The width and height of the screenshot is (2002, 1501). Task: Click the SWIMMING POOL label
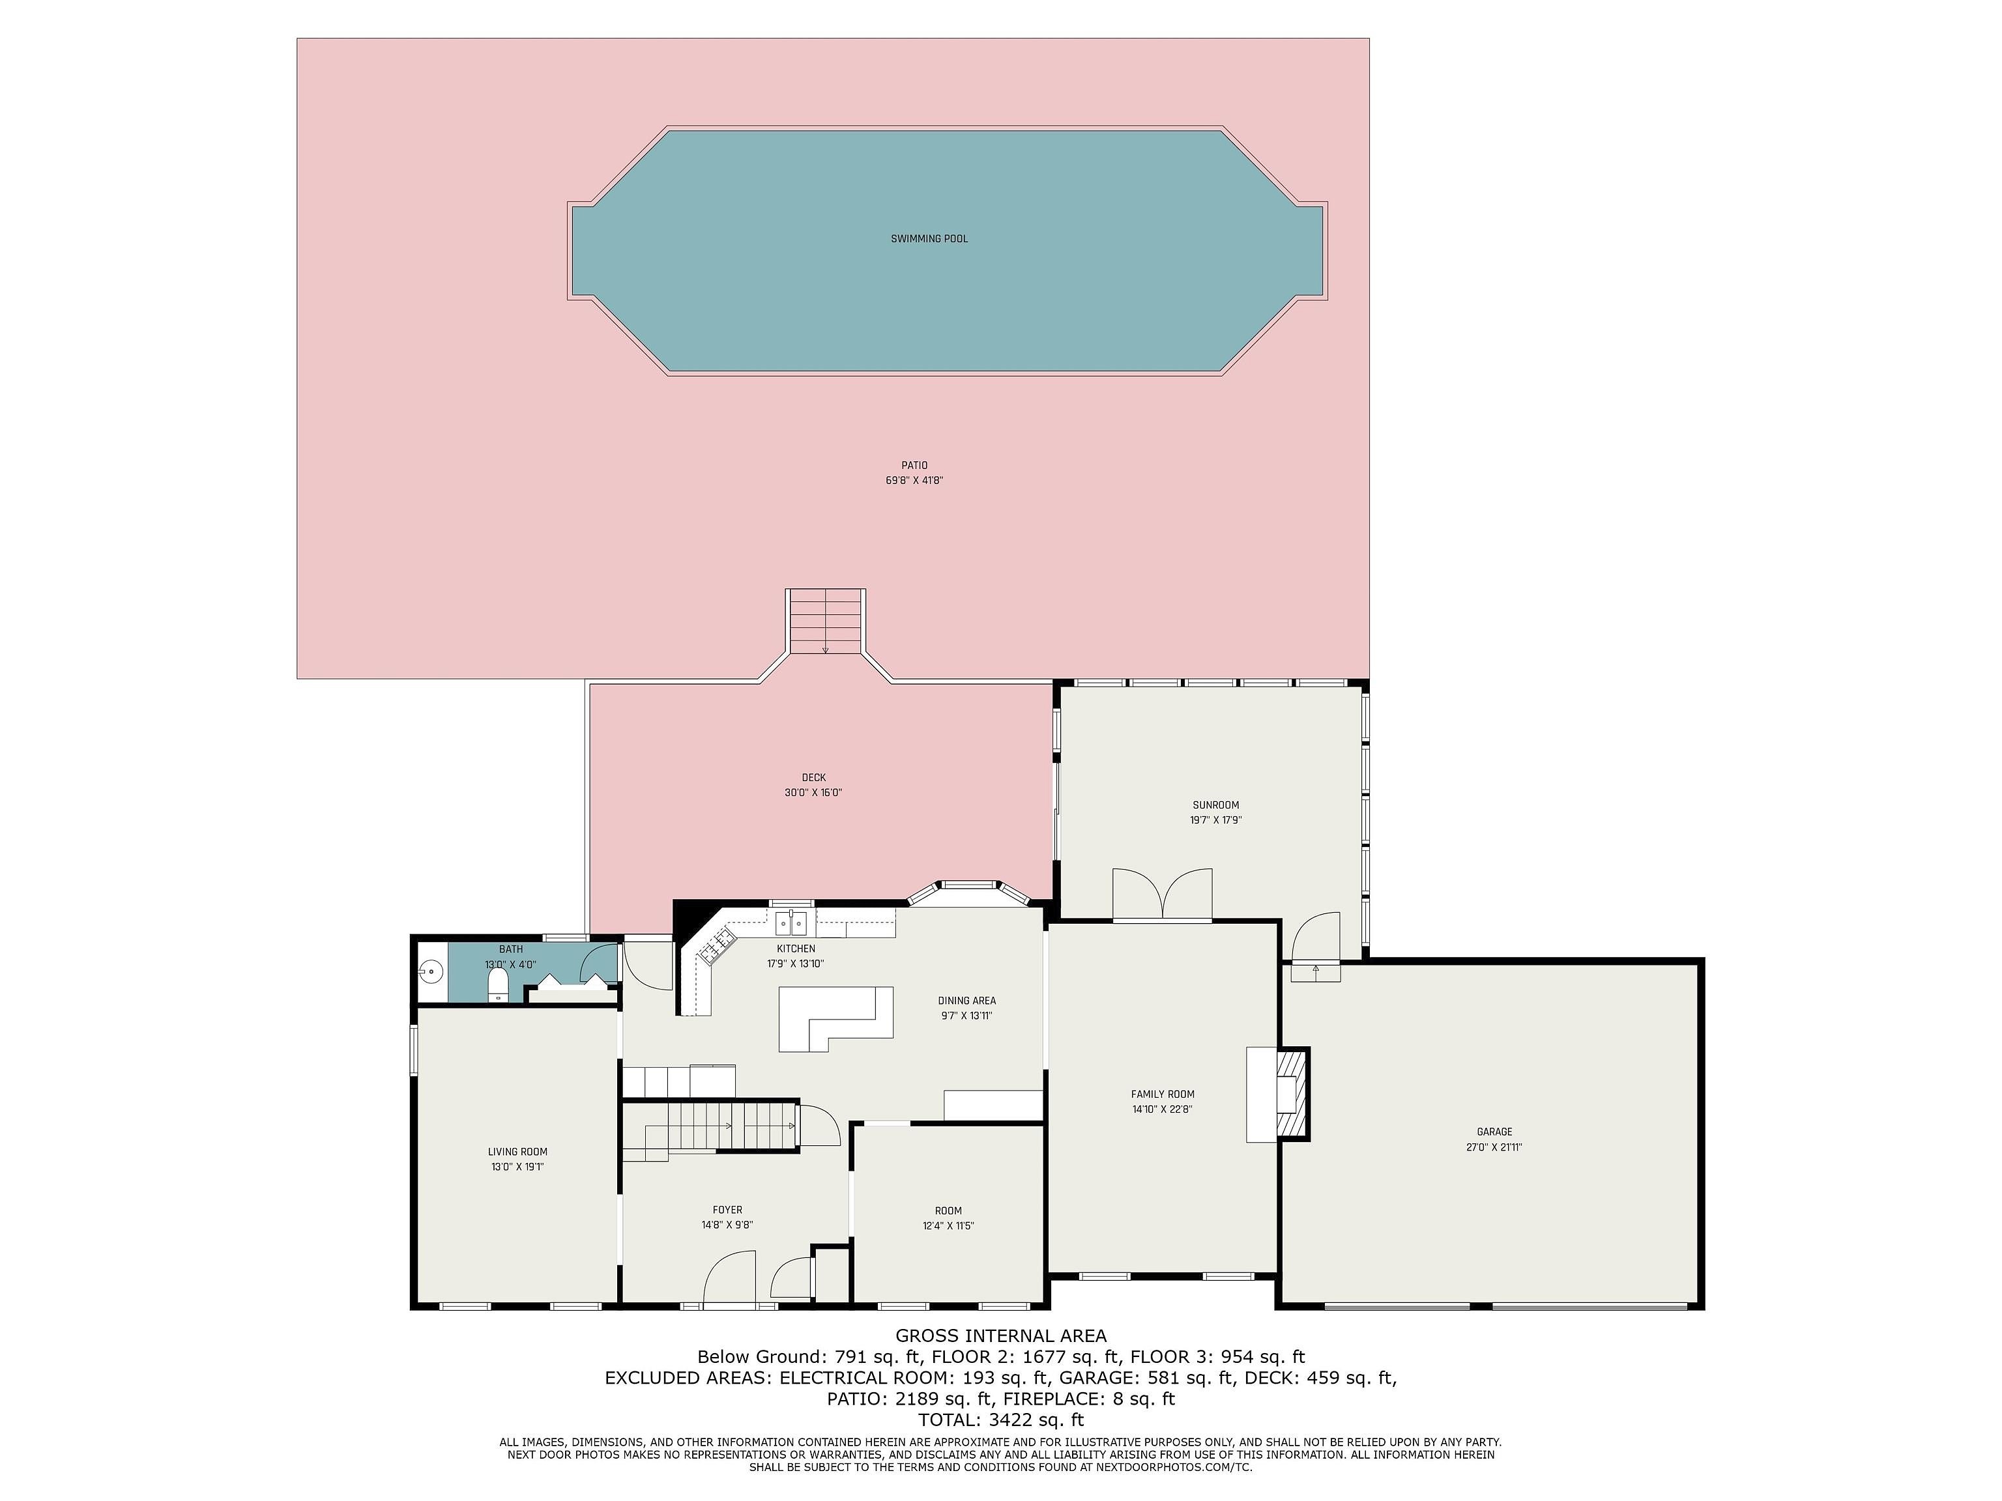click(x=929, y=239)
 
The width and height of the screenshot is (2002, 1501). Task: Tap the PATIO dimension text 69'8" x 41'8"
click(x=914, y=480)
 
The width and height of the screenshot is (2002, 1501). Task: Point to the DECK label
click(x=814, y=777)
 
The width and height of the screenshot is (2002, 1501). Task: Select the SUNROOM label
click(x=1215, y=805)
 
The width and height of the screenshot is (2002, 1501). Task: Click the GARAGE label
click(x=1494, y=1131)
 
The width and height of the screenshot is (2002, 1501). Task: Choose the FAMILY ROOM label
click(x=1162, y=1094)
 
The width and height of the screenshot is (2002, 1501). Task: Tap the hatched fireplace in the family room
click(x=1292, y=1093)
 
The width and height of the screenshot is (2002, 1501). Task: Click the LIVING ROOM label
click(x=517, y=1152)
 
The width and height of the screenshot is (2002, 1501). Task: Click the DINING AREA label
click(x=966, y=1001)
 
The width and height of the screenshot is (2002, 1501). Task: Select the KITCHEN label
click(x=796, y=948)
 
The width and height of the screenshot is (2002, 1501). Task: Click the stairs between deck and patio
click(x=826, y=622)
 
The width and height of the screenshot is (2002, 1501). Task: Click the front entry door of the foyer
click(x=729, y=1278)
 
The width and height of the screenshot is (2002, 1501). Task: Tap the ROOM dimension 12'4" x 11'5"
click(x=948, y=1226)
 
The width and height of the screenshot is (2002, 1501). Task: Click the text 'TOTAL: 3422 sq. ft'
click(x=1001, y=1420)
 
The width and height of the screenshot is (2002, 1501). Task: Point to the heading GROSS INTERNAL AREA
click(x=1001, y=1336)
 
